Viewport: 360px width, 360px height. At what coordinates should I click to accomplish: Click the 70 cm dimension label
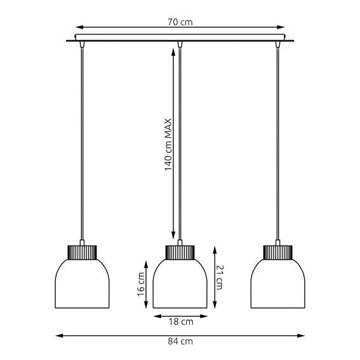click(x=180, y=22)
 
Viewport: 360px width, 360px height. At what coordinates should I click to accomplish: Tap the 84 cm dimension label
click(x=180, y=342)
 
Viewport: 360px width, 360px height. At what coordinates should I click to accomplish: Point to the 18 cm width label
click(x=180, y=322)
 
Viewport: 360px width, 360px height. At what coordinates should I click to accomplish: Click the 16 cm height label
click(x=142, y=283)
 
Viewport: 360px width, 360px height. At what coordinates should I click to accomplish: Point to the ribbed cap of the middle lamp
click(x=180, y=251)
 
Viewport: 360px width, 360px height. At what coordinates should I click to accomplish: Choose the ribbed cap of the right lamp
click(x=277, y=251)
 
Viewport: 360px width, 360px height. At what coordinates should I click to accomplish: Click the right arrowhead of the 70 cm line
click(x=282, y=27)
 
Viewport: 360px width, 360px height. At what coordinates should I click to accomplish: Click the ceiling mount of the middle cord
click(x=180, y=44)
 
